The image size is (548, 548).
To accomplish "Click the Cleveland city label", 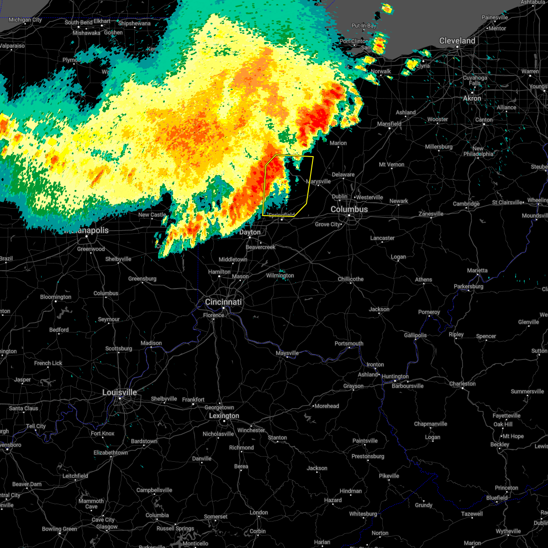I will tap(457, 41).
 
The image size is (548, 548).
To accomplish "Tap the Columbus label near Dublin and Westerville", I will tap(349, 209).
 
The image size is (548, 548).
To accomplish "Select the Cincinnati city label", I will tap(223, 302).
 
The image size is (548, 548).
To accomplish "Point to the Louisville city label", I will tap(119, 392).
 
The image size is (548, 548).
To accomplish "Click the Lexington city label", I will tap(224, 416).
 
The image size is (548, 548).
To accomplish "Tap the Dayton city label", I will tap(250, 232).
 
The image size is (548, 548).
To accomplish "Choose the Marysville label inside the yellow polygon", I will tap(318, 181).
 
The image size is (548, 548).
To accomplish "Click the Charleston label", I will tap(462, 384).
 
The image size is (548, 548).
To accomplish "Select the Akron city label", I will tap(472, 98).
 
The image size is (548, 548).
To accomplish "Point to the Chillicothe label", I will tap(351, 279).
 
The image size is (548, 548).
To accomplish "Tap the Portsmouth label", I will tap(349, 343).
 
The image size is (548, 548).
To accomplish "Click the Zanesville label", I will tap(431, 214).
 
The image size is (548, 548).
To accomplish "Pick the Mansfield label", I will tap(389, 124).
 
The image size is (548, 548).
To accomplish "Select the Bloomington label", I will tap(56, 297).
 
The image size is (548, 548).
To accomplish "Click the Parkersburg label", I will tap(469, 286).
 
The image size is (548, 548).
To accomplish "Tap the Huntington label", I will tap(395, 376).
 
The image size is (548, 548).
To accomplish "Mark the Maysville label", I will tap(287, 353).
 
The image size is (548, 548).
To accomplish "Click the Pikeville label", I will tap(389, 476).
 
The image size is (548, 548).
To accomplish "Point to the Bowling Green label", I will tap(59, 529).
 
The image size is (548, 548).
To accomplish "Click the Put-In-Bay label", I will tap(364, 26).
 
